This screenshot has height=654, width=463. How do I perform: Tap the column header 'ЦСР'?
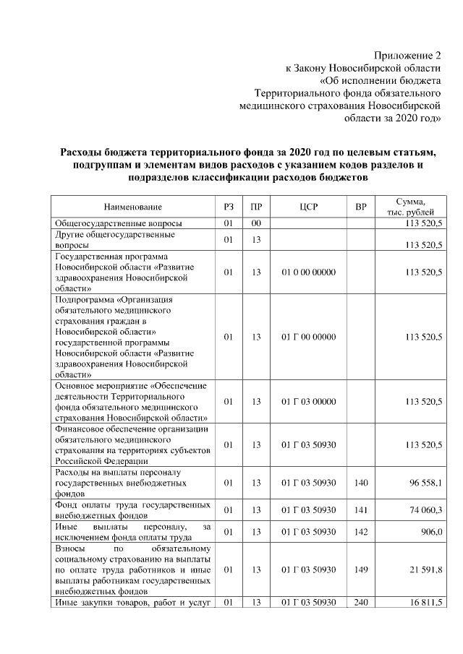point(308,207)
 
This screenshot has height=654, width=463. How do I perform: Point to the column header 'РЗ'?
point(229,207)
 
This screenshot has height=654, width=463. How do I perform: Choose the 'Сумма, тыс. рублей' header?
point(410,207)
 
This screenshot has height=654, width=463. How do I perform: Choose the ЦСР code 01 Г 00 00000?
point(308,337)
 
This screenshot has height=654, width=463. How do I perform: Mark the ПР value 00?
point(255,224)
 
